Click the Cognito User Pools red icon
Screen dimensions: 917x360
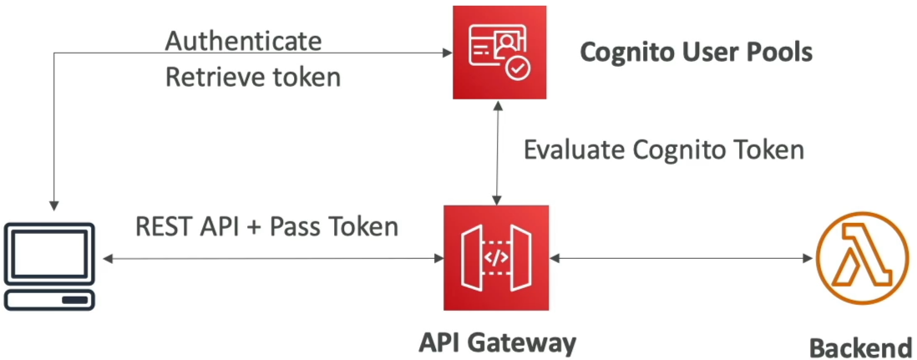(x=499, y=52)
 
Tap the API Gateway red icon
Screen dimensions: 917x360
(x=497, y=257)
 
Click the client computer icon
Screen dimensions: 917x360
(x=50, y=266)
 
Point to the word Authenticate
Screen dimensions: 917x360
(x=243, y=42)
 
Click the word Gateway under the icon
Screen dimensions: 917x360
(x=530, y=343)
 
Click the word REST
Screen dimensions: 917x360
(x=157, y=226)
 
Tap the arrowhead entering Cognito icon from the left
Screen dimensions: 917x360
(x=448, y=53)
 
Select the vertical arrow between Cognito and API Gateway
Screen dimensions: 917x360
(x=497, y=152)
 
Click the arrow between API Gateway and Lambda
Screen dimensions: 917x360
(x=682, y=258)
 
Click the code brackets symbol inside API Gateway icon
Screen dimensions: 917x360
(x=497, y=257)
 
